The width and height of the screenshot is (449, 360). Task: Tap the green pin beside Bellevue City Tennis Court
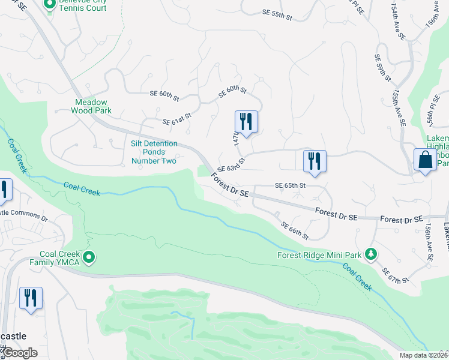pyautogui.click(x=51, y=5)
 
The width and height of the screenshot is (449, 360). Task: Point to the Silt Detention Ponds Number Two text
pyautogui.click(x=154, y=152)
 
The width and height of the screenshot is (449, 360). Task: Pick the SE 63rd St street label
pyautogui.click(x=232, y=166)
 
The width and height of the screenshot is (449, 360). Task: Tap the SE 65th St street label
pyautogui.click(x=291, y=186)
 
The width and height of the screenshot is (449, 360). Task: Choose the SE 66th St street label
pyautogui.click(x=295, y=230)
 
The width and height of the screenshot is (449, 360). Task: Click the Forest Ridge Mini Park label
pyautogui.click(x=319, y=255)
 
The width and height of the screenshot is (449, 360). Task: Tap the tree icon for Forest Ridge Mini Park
pyautogui.click(x=372, y=254)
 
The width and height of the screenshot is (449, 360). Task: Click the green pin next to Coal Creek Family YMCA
pyautogui.click(x=89, y=259)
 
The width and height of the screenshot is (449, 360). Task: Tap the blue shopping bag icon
pyautogui.click(x=425, y=160)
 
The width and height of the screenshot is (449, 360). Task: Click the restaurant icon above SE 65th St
pyautogui.click(x=315, y=161)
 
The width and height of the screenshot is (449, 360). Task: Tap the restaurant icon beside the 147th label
pyautogui.click(x=246, y=121)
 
